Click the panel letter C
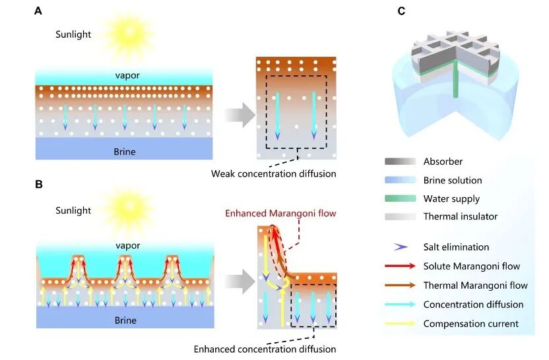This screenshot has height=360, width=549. click(401, 11)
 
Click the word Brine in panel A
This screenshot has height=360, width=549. click(124, 152)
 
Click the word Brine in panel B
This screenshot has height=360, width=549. click(124, 320)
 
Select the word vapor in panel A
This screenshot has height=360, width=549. click(124, 76)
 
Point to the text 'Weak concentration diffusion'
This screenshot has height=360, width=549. click(274, 174)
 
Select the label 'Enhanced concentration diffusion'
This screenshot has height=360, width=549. click(265, 349)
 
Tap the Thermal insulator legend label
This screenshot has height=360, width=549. click(461, 216)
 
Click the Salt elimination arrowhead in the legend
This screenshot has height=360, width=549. click(399, 247)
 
